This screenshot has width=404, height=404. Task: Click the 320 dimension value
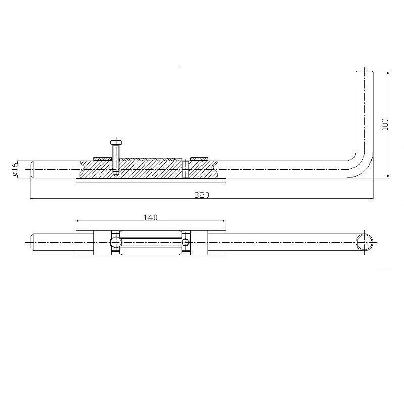(x=202, y=195)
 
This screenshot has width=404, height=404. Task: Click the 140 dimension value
(x=150, y=217)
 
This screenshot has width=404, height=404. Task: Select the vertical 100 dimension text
(x=385, y=124)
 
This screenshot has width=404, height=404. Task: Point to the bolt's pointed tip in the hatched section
(x=115, y=175)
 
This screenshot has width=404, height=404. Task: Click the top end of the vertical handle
(x=364, y=71)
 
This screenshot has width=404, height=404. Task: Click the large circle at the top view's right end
(x=364, y=242)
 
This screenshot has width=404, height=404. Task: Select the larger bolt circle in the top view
(x=116, y=242)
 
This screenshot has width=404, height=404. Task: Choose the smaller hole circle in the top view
(x=186, y=242)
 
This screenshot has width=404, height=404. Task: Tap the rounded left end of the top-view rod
(x=33, y=242)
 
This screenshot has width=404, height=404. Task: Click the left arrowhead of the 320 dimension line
(x=32, y=199)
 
